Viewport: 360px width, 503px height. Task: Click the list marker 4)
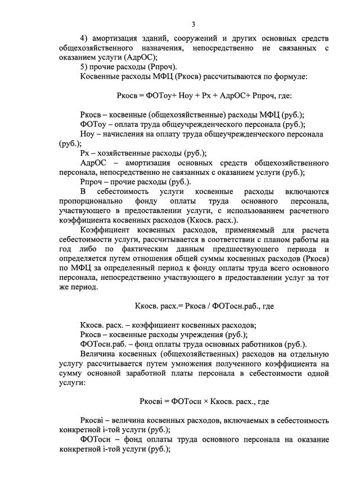[84, 38]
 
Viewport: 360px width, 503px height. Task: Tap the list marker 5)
[84, 66]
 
